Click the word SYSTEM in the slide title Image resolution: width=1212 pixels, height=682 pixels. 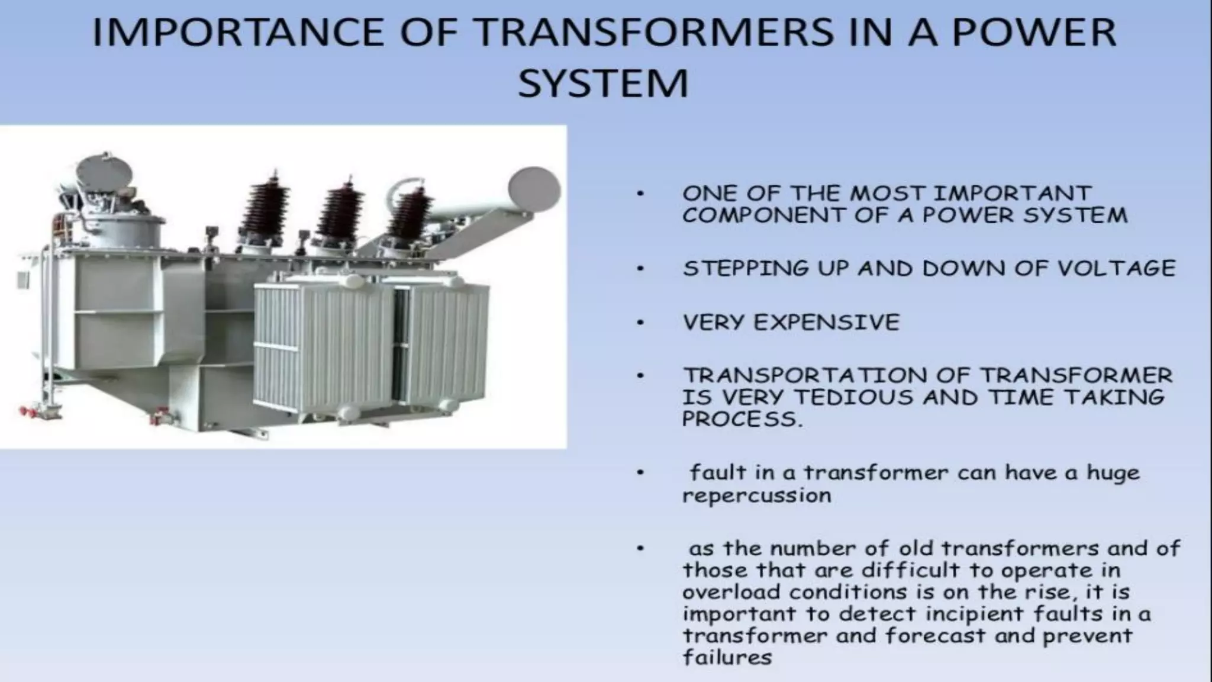[603, 83]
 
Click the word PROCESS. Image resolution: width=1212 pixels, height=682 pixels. [742, 419]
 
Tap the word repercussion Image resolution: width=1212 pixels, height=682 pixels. [757, 496]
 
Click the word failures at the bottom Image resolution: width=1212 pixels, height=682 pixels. [727, 658]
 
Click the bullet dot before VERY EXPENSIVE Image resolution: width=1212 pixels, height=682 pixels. [640, 323]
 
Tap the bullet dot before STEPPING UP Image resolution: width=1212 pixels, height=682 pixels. [640, 269]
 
